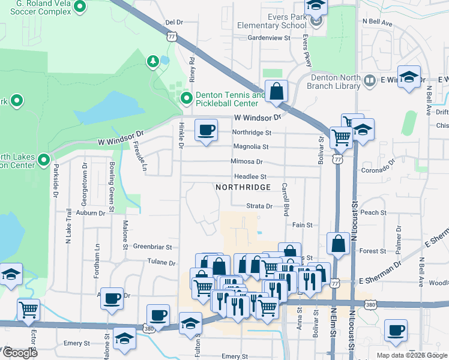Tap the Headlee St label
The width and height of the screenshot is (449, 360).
[250, 177]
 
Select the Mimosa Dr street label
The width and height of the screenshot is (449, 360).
[247, 161]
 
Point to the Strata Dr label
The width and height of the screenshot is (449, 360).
[259, 206]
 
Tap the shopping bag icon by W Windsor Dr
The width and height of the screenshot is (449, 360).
[276, 92]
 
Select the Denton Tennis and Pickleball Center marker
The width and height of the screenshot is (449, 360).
[186, 98]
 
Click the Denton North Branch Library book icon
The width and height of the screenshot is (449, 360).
[370, 80]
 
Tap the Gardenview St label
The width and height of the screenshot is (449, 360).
[269, 37]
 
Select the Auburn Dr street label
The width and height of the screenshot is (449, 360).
[91, 212]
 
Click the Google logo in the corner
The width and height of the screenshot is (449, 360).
[20, 353]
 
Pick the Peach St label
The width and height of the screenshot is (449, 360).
[373, 212]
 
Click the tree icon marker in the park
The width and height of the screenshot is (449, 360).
[152, 61]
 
